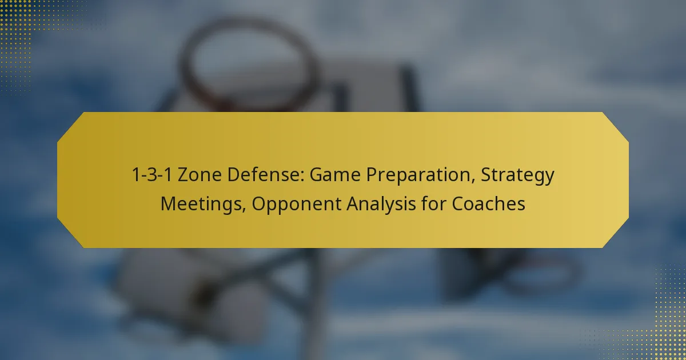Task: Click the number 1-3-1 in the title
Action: (152, 174)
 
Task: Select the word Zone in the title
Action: (200, 174)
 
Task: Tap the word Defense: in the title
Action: (266, 174)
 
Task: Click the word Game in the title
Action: (335, 174)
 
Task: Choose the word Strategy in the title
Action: (517, 176)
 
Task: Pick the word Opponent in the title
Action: (297, 205)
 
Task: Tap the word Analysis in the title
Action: (381, 205)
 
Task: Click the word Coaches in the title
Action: (488, 203)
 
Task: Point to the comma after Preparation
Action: (473, 181)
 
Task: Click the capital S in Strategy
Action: (486, 174)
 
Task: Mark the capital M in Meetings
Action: (169, 203)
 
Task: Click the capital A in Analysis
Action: (353, 203)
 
